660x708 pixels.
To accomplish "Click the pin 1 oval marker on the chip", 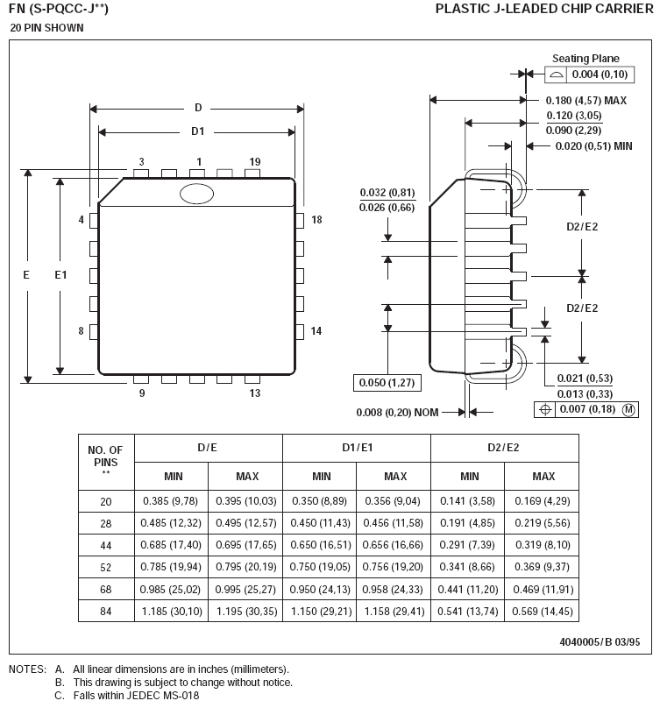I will click(x=196, y=193).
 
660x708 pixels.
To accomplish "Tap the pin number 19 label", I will click(x=255, y=162).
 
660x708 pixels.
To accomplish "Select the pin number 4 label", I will click(x=82, y=219).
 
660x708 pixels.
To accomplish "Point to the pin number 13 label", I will click(x=255, y=393).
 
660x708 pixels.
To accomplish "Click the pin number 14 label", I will click(x=316, y=331).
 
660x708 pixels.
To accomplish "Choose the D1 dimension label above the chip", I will click(x=198, y=131).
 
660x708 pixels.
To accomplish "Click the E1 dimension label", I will click(x=60, y=275).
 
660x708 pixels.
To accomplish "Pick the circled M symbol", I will click(x=628, y=410).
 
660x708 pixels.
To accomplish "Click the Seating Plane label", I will click(x=585, y=59).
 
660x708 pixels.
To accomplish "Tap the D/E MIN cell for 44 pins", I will click(x=172, y=544).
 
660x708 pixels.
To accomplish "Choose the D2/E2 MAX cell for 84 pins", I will click(x=543, y=610).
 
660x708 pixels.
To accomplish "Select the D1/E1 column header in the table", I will click(x=357, y=448).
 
